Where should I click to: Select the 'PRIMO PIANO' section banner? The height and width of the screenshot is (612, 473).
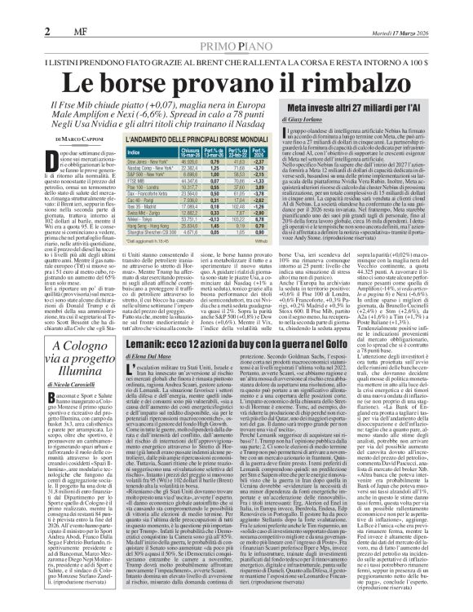click(236, 24)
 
